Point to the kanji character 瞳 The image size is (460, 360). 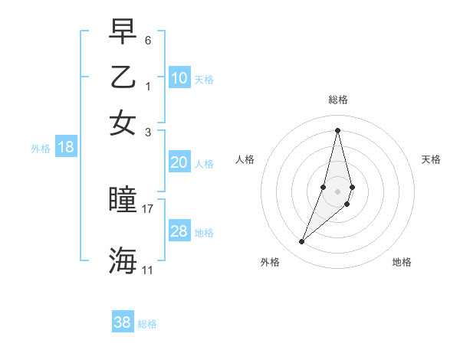(123, 201)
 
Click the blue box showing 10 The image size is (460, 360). (179, 78)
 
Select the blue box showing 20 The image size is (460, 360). (179, 162)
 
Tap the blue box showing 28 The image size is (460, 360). (179, 231)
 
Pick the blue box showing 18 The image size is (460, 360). (66, 148)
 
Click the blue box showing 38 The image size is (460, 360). (123, 322)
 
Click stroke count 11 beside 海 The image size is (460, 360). (147, 270)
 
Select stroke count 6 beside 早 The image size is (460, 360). (148, 39)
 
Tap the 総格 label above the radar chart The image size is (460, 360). (338, 100)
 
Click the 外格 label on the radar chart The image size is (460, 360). (269, 262)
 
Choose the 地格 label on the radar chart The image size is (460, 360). (402, 262)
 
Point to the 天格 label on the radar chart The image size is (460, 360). (431, 159)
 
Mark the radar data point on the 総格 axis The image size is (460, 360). (338, 129)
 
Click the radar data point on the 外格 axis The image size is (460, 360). (302, 242)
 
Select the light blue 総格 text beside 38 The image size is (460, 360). (147, 324)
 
